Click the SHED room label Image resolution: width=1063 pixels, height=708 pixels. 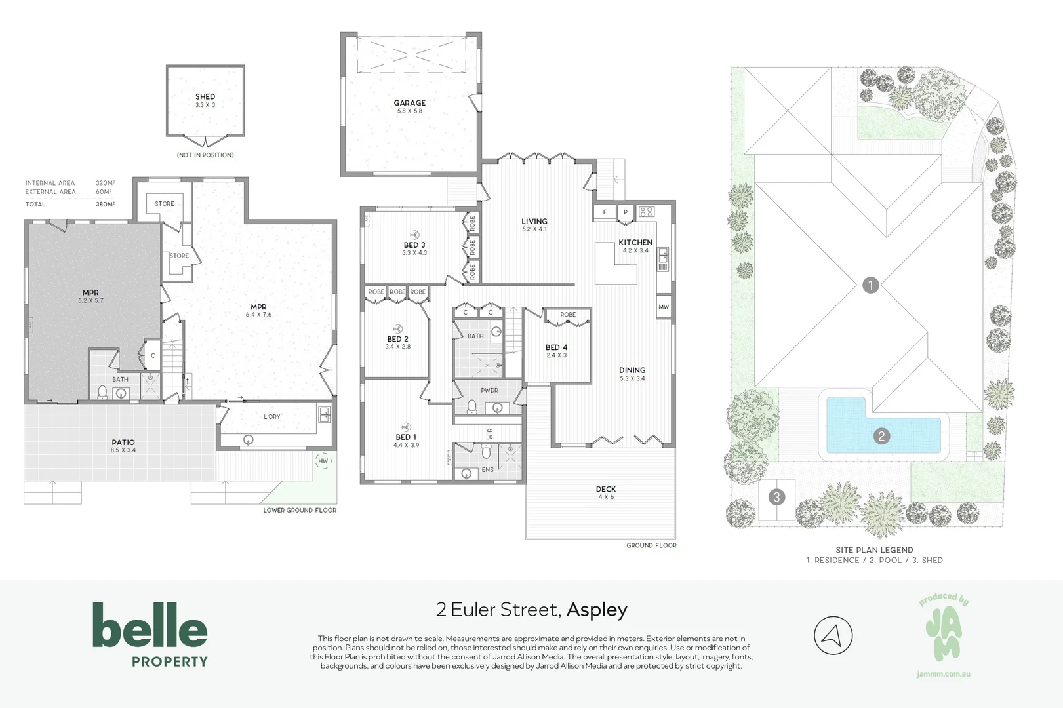click(x=205, y=97)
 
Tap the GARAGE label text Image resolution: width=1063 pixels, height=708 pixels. click(x=409, y=103)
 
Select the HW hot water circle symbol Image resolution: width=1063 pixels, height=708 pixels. click(x=323, y=461)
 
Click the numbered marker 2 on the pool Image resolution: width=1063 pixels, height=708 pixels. click(x=881, y=436)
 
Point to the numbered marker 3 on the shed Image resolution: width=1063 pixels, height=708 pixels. click(x=777, y=497)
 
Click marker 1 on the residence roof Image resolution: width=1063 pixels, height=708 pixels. click(x=870, y=285)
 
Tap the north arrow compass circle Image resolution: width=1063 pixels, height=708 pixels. click(x=833, y=635)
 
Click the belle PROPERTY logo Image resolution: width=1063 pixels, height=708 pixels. click(x=150, y=634)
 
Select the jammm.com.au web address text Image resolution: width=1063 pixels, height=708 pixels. click(x=943, y=674)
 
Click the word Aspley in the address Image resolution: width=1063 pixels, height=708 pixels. click(x=597, y=610)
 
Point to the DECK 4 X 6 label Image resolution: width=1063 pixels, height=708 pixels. click(x=606, y=492)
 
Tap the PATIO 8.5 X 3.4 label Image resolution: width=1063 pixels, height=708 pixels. click(x=123, y=446)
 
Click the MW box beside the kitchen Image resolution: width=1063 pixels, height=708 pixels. click(x=664, y=307)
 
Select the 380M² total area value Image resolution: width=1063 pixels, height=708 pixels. click(x=105, y=205)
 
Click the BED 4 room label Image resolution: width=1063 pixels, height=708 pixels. click(x=556, y=347)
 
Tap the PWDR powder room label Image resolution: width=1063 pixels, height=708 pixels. click(x=489, y=390)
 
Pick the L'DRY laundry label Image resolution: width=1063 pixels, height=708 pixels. click(x=272, y=417)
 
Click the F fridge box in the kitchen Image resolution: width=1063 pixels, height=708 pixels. click(x=605, y=212)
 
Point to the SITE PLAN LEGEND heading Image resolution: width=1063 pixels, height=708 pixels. click(x=874, y=550)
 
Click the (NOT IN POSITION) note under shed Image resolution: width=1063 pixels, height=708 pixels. click(x=205, y=155)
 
